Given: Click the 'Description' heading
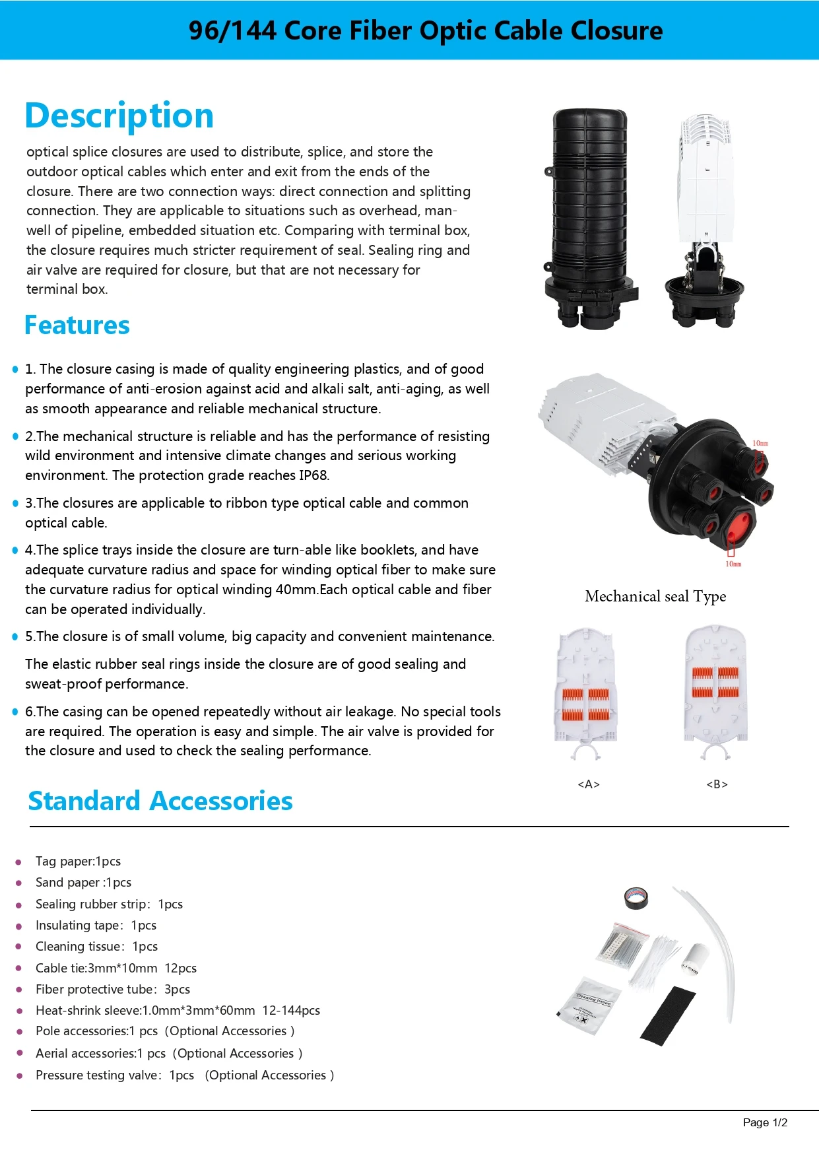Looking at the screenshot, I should pyautogui.click(x=119, y=116).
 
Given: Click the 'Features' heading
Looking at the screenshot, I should pyautogui.click(x=77, y=325).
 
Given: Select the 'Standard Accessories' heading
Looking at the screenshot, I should pyautogui.click(x=160, y=801).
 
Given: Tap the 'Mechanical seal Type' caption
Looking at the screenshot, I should pyautogui.click(x=655, y=596).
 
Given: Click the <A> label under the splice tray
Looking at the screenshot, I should pyautogui.click(x=589, y=784).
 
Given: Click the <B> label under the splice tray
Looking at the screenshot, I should pyautogui.click(x=717, y=784).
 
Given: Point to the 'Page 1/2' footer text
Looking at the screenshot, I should pyautogui.click(x=765, y=1122).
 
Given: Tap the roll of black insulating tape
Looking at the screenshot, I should pyautogui.click(x=636, y=898).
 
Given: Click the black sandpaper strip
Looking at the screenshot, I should pyautogui.click(x=668, y=1015).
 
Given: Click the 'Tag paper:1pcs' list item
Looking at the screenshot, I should pyautogui.click(x=78, y=862).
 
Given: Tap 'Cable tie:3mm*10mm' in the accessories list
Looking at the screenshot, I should pyautogui.click(x=96, y=969).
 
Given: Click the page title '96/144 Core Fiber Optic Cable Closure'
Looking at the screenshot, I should pyautogui.click(x=426, y=30).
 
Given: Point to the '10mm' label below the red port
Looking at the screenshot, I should pyautogui.click(x=733, y=564).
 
